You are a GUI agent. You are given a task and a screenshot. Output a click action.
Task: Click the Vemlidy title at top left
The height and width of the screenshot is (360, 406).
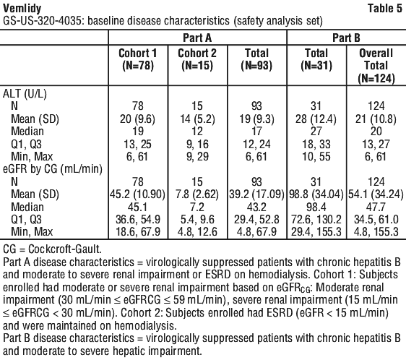tap(22, 8)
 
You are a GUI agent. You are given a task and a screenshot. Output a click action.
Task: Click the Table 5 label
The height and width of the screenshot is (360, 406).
tap(385, 8)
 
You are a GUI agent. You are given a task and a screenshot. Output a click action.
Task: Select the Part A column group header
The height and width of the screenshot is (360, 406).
tap(197, 38)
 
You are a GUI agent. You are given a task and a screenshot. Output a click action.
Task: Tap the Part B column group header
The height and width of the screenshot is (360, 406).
tap(346, 38)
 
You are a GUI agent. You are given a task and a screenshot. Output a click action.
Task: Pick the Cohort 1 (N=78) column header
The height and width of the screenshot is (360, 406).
tap(138, 59)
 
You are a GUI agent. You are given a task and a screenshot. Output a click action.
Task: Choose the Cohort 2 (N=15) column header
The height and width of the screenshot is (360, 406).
tap(197, 59)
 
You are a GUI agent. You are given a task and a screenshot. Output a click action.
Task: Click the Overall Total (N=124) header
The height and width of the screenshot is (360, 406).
tap(376, 66)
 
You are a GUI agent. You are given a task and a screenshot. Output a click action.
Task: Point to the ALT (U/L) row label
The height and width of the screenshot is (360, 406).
tap(25, 93)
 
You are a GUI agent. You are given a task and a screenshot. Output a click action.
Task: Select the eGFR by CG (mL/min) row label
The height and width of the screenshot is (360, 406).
tap(53, 169)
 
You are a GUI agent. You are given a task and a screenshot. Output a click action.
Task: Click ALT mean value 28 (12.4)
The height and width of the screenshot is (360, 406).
tap(316, 119)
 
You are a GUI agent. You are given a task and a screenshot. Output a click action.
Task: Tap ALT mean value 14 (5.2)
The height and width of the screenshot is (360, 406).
tap(197, 119)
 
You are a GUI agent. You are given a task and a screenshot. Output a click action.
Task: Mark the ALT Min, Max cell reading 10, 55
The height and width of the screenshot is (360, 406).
tap(316, 157)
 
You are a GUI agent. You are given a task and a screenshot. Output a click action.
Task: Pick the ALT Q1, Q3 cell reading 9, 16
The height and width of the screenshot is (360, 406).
tap(197, 144)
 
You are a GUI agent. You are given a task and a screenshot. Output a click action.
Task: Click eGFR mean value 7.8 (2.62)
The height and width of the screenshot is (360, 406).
tap(197, 194)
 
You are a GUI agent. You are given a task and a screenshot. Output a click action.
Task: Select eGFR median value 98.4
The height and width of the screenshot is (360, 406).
tap(316, 207)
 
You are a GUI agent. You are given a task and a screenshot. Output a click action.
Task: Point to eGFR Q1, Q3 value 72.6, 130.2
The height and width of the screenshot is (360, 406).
tap(316, 220)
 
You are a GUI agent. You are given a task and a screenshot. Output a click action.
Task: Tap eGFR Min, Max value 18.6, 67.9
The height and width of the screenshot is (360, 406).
tap(138, 232)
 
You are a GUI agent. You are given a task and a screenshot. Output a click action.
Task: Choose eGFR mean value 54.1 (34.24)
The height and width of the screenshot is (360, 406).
tap(376, 194)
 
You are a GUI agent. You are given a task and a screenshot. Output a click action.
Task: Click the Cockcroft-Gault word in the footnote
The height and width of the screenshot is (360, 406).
tap(64, 249)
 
